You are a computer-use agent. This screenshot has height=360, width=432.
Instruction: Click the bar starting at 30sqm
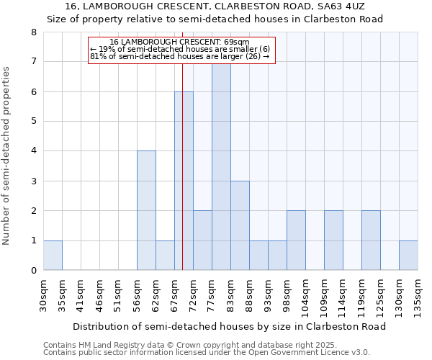[x=53, y=256]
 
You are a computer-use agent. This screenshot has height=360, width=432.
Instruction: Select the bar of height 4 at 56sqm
[x=146, y=211]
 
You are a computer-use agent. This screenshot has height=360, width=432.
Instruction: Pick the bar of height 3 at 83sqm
[x=240, y=225]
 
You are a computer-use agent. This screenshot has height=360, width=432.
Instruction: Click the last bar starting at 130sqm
[x=408, y=256]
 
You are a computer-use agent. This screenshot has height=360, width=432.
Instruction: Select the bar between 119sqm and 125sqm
[x=371, y=240]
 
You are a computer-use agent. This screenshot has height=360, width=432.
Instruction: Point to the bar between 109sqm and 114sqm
[x=333, y=240]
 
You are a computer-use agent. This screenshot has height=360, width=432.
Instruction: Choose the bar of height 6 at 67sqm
[x=184, y=181]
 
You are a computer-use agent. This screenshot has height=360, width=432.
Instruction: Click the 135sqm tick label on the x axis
[x=418, y=296]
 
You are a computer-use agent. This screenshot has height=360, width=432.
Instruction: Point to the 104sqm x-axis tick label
[x=306, y=296]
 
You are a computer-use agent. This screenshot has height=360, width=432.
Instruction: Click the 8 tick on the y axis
[x=33, y=32]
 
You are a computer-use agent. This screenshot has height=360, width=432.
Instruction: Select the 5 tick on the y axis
[x=33, y=121]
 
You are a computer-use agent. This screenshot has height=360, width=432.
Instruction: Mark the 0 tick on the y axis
[x=33, y=271]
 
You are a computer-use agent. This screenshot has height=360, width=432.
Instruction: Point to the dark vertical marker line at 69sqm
[x=183, y=216]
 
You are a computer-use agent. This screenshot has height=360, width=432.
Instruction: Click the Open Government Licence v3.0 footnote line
[x=207, y=352]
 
